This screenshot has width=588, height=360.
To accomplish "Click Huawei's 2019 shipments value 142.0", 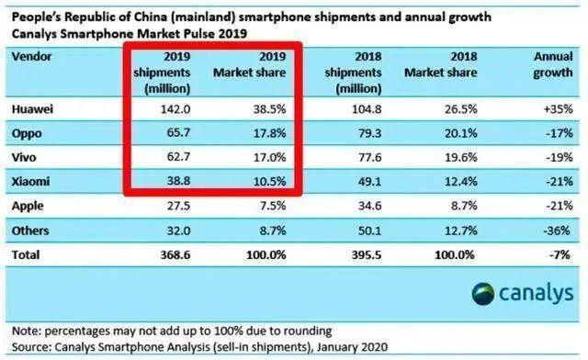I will [x=174, y=107].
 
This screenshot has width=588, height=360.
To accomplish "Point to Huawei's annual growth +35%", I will [x=553, y=107].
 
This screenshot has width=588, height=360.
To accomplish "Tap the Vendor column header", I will [x=32, y=57].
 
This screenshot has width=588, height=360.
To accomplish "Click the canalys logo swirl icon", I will [x=484, y=294].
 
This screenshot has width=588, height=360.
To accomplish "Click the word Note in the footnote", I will [x=28, y=330].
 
